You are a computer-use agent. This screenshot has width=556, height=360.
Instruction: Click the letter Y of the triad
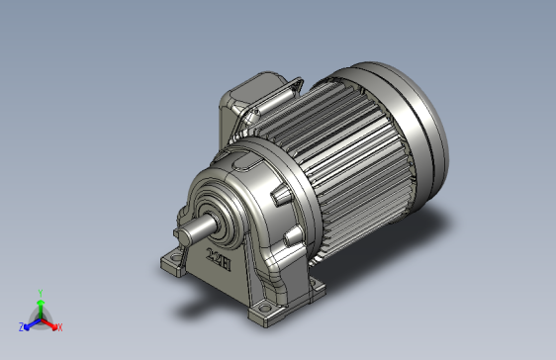coord(40,292)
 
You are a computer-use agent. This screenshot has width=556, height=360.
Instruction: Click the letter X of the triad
coord(59,326)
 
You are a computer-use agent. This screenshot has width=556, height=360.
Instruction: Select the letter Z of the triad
coord(21,325)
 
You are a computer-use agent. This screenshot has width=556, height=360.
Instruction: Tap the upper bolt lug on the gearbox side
coord(284,198)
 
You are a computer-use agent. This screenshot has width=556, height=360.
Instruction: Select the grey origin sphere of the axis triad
coord(40,317)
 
